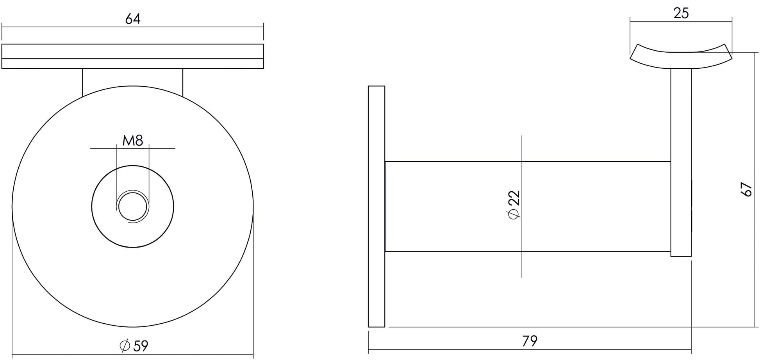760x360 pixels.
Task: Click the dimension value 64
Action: (x=133, y=19)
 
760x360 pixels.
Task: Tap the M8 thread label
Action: (x=133, y=140)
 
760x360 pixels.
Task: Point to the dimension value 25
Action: (x=681, y=14)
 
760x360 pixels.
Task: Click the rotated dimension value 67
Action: (x=746, y=189)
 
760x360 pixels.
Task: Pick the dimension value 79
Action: (x=530, y=341)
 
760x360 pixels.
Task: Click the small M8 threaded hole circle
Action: (x=133, y=206)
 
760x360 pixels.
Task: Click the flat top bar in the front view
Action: (x=133, y=56)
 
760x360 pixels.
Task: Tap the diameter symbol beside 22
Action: (x=514, y=214)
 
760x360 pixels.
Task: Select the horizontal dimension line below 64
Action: (x=133, y=27)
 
